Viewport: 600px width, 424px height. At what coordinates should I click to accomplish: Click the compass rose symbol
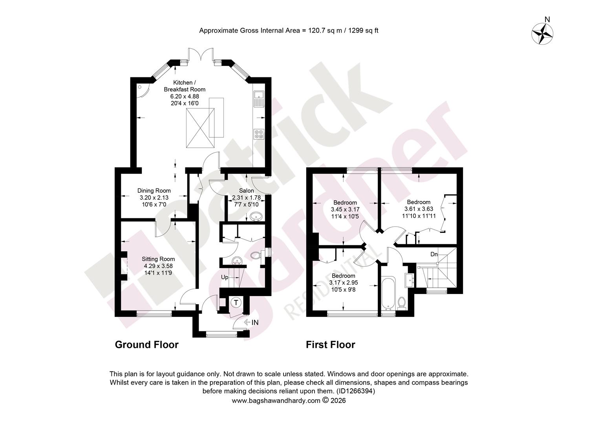pyautogui.click(x=542, y=34)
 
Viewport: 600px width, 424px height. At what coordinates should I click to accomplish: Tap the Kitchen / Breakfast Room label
pyautogui.click(x=185, y=86)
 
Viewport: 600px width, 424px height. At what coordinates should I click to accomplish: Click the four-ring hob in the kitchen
pyautogui.click(x=259, y=134)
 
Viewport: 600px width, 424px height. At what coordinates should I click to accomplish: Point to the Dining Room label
pyautogui.click(x=154, y=190)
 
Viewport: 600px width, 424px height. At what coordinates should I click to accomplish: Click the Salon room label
pyautogui.click(x=247, y=190)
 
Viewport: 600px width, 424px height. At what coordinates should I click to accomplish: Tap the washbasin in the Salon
pyautogui.click(x=256, y=216)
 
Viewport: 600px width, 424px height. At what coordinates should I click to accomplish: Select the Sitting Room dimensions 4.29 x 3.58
pyautogui.click(x=158, y=266)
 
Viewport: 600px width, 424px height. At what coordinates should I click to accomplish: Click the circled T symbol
pyautogui.click(x=236, y=303)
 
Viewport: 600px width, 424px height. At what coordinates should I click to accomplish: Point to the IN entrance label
pyautogui.click(x=255, y=322)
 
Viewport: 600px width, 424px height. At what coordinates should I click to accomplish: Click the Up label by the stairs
pyautogui.click(x=225, y=277)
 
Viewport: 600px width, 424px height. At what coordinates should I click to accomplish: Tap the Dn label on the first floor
pyautogui.click(x=434, y=254)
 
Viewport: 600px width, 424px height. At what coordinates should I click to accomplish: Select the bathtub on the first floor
pyautogui.click(x=388, y=293)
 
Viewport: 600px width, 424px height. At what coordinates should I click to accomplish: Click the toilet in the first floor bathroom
pyautogui.click(x=402, y=303)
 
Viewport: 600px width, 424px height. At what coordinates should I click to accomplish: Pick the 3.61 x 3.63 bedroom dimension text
pyautogui.click(x=419, y=209)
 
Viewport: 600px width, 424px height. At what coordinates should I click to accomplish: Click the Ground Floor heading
pyautogui.click(x=147, y=345)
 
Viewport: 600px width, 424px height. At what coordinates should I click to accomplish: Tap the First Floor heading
pyautogui.click(x=331, y=345)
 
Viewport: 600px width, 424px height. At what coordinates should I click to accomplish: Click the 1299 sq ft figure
pyautogui.click(x=363, y=31)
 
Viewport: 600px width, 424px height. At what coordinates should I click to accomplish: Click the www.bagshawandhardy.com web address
pyautogui.click(x=276, y=401)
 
